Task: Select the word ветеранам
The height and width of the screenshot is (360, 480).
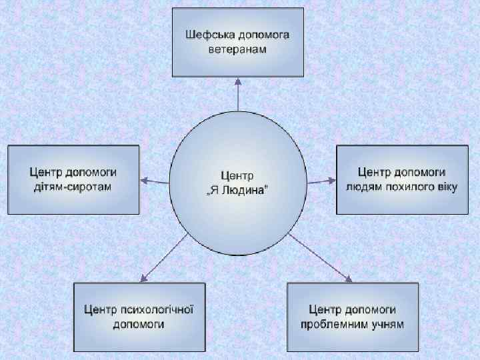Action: point(238,49)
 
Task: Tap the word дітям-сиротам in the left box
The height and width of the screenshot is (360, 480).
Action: point(73,186)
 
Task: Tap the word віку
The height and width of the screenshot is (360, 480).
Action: point(446,186)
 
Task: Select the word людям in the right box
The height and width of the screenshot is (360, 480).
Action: point(363,186)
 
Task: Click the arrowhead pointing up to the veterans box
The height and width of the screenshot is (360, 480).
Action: point(239,81)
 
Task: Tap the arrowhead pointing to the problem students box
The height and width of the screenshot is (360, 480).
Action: point(348,278)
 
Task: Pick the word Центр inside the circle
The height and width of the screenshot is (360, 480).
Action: point(238,177)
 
